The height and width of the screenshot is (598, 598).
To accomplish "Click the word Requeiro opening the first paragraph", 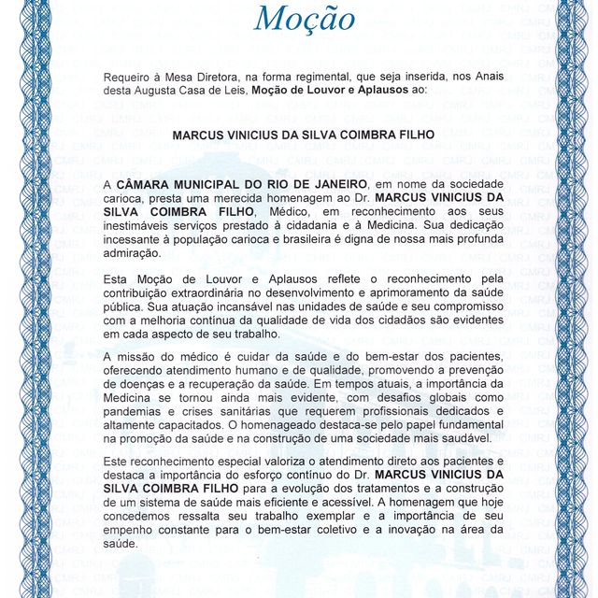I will coord(134,75).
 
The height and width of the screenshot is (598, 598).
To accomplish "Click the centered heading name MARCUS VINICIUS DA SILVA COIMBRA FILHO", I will coord(304,135).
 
